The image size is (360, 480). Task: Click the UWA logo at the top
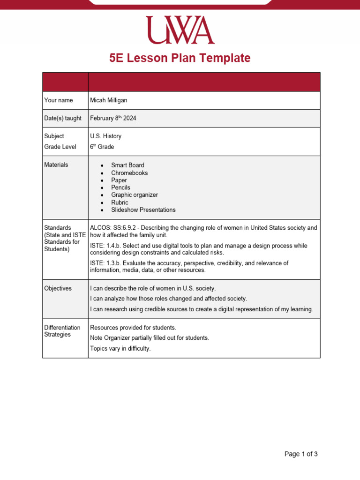pyautogui.click(x=180, y=30)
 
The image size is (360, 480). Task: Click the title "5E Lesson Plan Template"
pyautogui.click(x=180, y=58)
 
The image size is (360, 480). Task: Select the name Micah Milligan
pyautogui.click(x=108, y=100)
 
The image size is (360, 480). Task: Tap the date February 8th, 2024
pyautogui.click(x=113, y=118)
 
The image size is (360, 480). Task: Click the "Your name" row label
pyautogui.click(x=58, y=100)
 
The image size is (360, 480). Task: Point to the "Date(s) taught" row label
pyautogui.click(x=62, y=118)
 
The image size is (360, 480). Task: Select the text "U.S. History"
pyautogui.click(x=105, y=136)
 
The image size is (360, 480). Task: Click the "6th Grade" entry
pyautogui.click(x=102, y=147)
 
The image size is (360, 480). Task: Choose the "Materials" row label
pyautogui.click(x=56, y=165)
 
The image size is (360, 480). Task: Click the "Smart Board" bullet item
pyautogui.click(x=127, y=165)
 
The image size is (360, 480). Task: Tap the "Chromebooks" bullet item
pyautogui.click(x=129, y=172)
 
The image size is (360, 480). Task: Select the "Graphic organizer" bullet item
pyautogui.click(x=135, y=195)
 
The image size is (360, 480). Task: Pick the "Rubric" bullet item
pyautogui.click(x=120, y=202)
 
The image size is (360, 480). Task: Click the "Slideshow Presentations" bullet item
pyautogui.click(x=143, y=210)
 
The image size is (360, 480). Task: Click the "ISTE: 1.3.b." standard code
pyautogui.click(x=106, y=263)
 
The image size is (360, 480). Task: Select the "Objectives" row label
pyautogui.click(x=58, y=288)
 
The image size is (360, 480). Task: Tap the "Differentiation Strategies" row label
pyautogui.click(x=62, y=331)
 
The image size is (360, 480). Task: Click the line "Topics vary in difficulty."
pyautogui.click(x=120, y=348)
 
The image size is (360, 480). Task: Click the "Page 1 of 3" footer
pyautogui.click(x=301, y=454)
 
